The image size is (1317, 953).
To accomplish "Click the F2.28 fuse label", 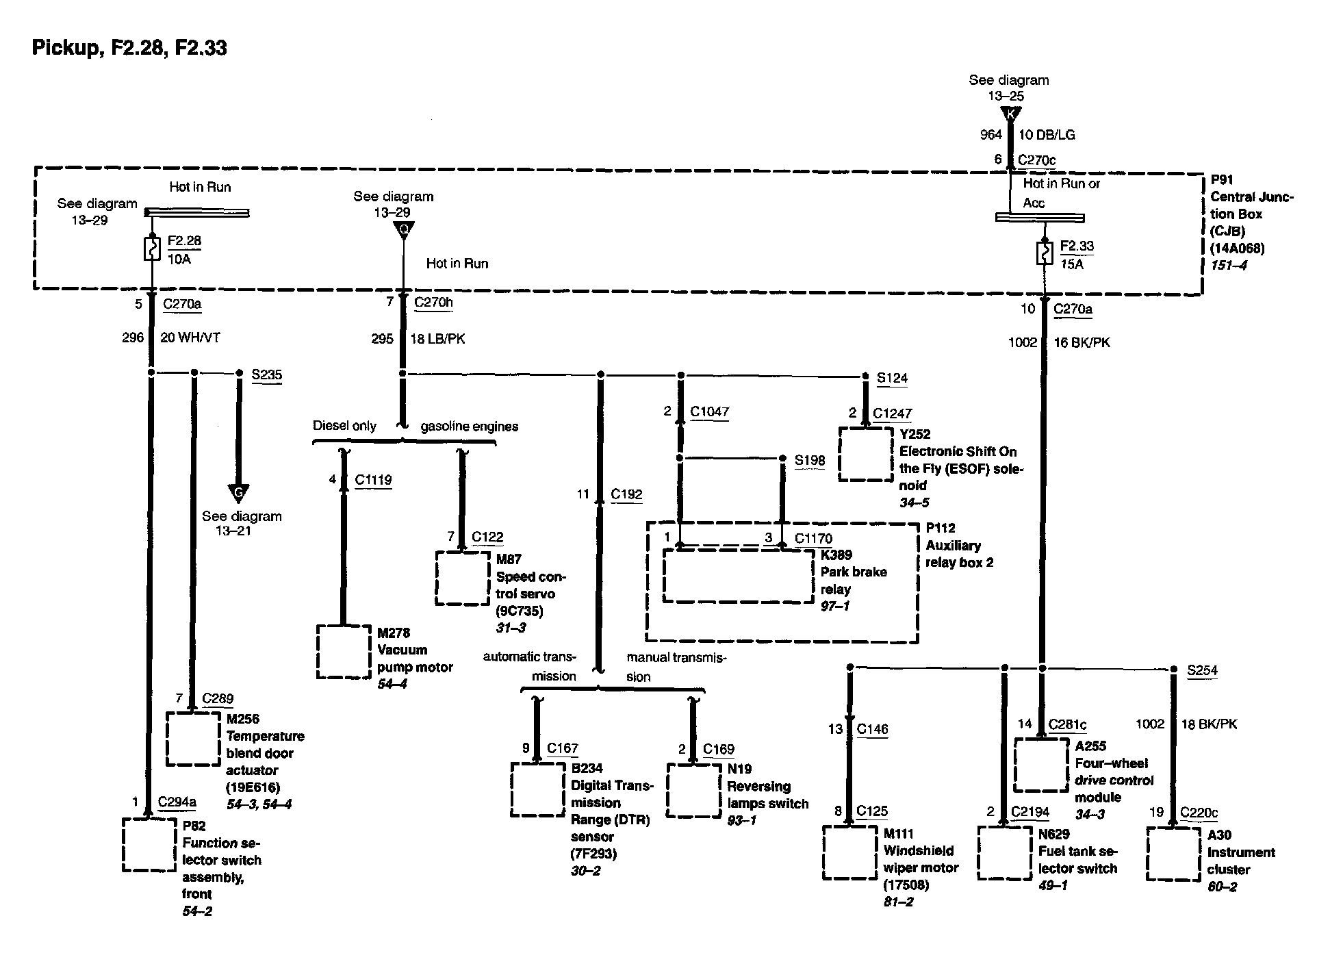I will pos(185,241).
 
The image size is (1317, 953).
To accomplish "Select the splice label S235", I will pos(266,374).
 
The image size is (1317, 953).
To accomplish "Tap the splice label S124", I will pos(892,377).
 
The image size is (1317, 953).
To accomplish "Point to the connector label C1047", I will pos(709,411).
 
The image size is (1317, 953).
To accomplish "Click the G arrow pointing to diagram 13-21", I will pos(238,492).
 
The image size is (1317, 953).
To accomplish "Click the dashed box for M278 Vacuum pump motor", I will pos(343,651).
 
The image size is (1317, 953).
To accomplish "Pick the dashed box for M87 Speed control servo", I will pos(463,579).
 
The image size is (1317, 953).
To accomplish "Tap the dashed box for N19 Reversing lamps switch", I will pos(693,790).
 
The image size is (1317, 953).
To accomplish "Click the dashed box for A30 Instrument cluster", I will pos(1173,854).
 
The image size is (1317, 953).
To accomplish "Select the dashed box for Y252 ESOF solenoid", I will pos(866,455).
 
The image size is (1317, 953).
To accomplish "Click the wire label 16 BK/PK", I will pos(1082,342).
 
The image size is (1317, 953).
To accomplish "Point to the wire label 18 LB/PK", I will pos(437,339).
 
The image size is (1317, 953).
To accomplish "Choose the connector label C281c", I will pos(1067,724).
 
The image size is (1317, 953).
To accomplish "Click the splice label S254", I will pos(1202,670).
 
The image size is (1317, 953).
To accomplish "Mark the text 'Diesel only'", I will pos(344,426).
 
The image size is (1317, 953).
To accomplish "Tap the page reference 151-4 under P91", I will pos(1229,264).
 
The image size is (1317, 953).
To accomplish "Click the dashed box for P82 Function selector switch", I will pos(149,845).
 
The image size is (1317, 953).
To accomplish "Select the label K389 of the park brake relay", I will pos(837,555).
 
